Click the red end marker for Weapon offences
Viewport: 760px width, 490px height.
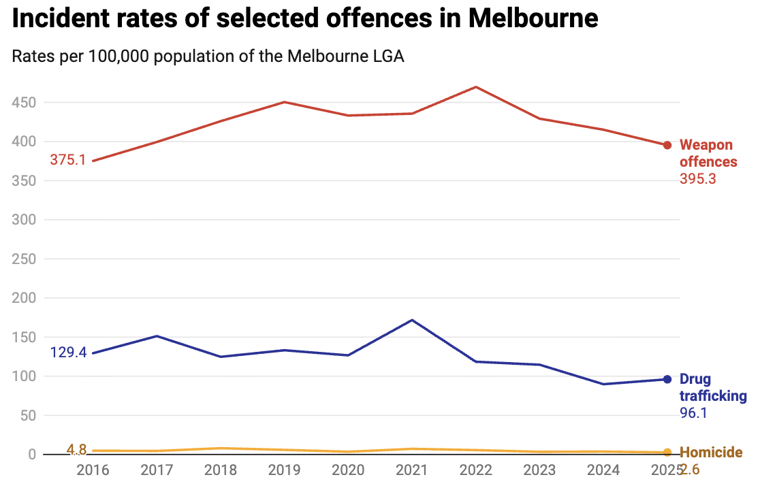667,145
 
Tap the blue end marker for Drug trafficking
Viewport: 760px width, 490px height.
667,379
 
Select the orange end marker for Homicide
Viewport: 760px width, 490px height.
667,453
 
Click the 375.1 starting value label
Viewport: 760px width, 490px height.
67,160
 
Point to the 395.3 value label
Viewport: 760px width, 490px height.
698,179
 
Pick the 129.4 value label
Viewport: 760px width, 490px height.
68,353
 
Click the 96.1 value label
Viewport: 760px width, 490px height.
694,413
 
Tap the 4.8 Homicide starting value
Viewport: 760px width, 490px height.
76,449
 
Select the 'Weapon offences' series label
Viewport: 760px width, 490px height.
708,153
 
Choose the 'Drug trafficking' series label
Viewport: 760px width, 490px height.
713,387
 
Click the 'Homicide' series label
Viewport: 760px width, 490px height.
711,453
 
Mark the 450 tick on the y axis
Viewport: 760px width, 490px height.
25,103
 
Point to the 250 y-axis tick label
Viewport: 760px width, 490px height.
25,259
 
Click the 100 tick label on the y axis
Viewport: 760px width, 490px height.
25,376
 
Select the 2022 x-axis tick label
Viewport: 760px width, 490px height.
475,470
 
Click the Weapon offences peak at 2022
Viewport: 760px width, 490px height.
475,86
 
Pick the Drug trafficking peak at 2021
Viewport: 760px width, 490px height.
412,320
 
